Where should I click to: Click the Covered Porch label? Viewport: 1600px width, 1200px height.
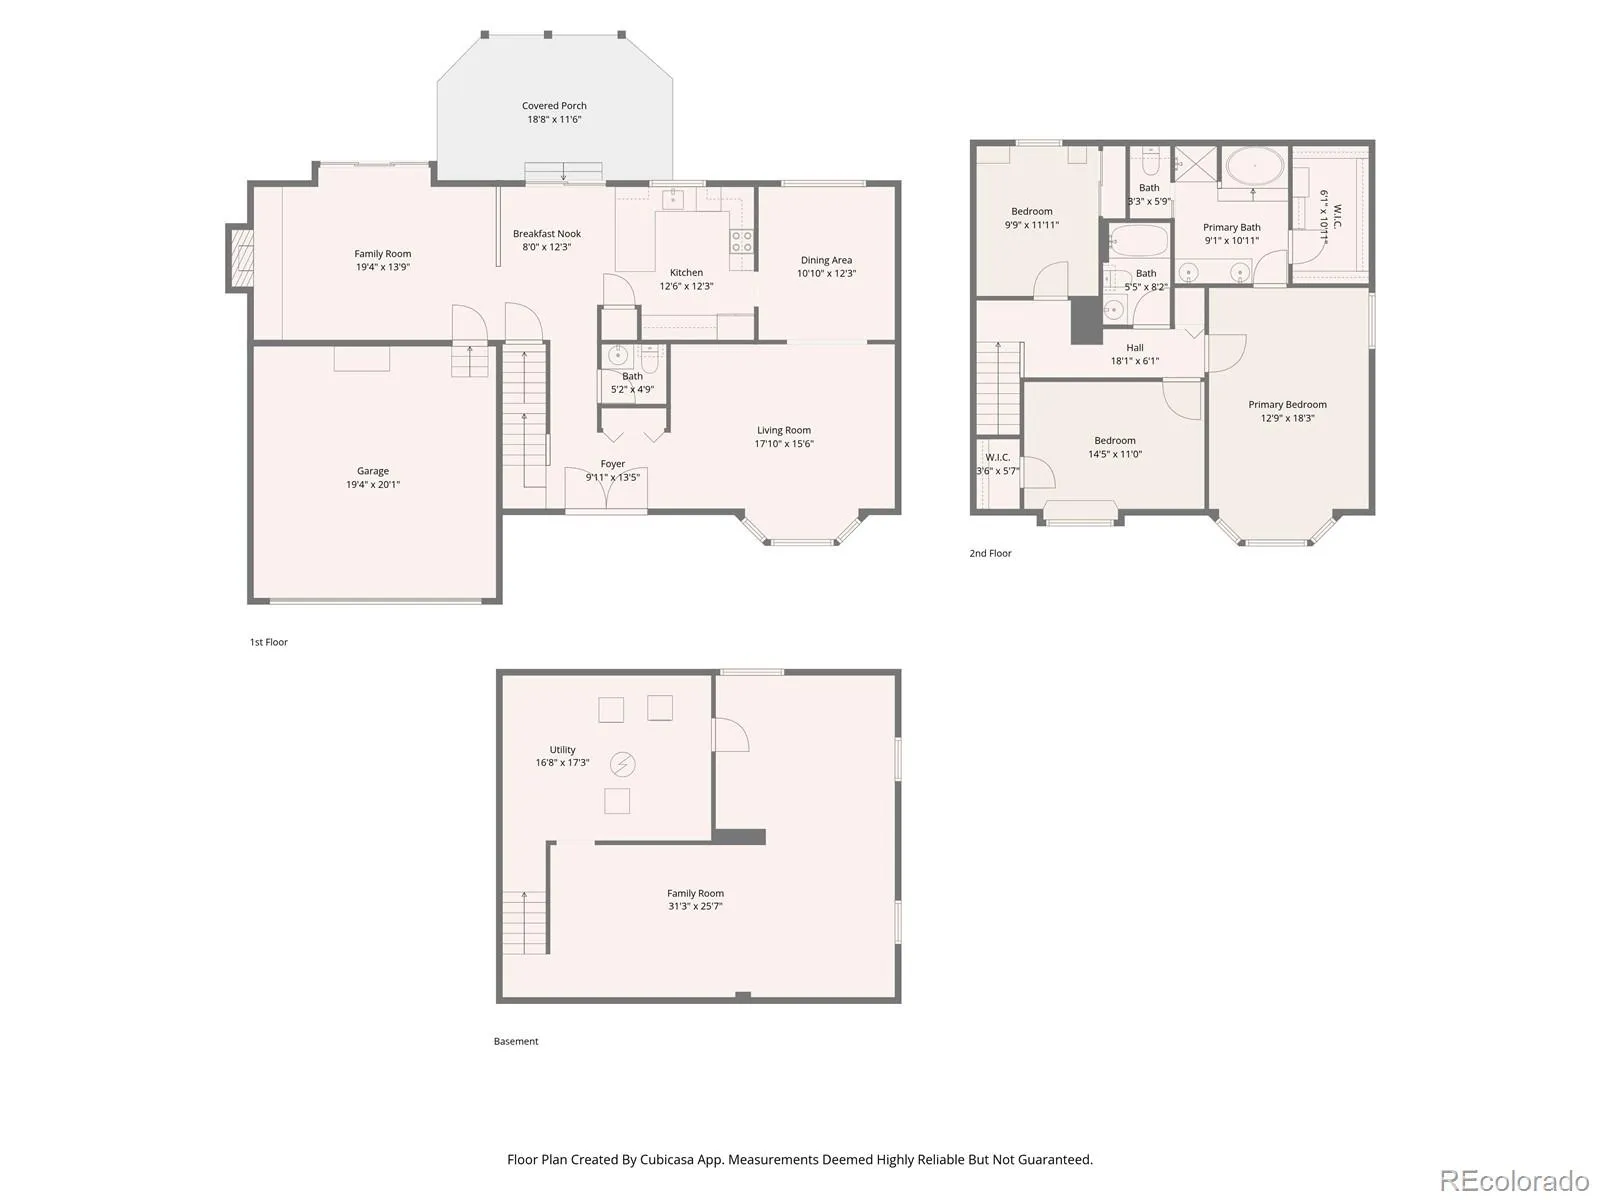[554, 106]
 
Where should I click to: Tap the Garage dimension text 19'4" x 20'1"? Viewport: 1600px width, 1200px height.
[372, 485]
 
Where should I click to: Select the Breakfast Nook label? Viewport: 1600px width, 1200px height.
[547, 234]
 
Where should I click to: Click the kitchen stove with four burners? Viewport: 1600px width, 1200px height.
[741, 241]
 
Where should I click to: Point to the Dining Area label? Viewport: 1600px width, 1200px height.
[826, 260]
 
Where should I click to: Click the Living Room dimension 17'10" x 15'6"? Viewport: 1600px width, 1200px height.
[784, 444]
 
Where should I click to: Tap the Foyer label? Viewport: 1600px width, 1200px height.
[612, 464]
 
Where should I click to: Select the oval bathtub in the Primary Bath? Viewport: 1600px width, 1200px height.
[1254, 167]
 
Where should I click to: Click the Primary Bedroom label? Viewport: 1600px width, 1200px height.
[1287, 405]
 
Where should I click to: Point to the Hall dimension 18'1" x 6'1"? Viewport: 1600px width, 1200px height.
[1134, 361]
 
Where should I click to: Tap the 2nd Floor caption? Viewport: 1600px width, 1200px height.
[990, 554]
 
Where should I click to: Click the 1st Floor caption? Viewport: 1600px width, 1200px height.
[268, 643]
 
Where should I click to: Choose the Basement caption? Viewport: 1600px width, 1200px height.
[515, 1042]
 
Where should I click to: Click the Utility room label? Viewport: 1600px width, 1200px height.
[562, 750]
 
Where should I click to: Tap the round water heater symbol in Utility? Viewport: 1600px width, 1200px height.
[623, 764]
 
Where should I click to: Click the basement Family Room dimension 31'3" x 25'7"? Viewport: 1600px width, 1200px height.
[695, 906]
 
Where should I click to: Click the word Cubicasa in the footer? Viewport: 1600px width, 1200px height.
[666, 1160]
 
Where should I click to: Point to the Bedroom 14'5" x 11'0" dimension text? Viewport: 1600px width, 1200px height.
[1115, 455]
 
